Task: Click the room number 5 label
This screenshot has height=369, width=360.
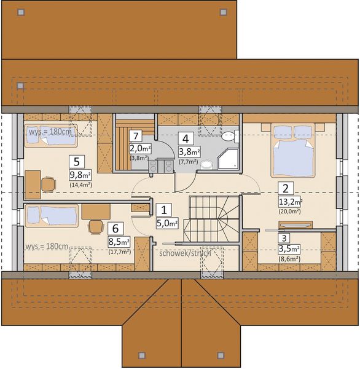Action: click(x=77, y=162)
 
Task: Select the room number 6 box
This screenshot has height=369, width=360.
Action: click(x=114, y=228)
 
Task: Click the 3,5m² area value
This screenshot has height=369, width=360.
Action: click(x=288, y=249)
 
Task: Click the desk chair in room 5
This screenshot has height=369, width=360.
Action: click(x=48, y=183)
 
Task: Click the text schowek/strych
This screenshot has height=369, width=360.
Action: click(x=181, y=253)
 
